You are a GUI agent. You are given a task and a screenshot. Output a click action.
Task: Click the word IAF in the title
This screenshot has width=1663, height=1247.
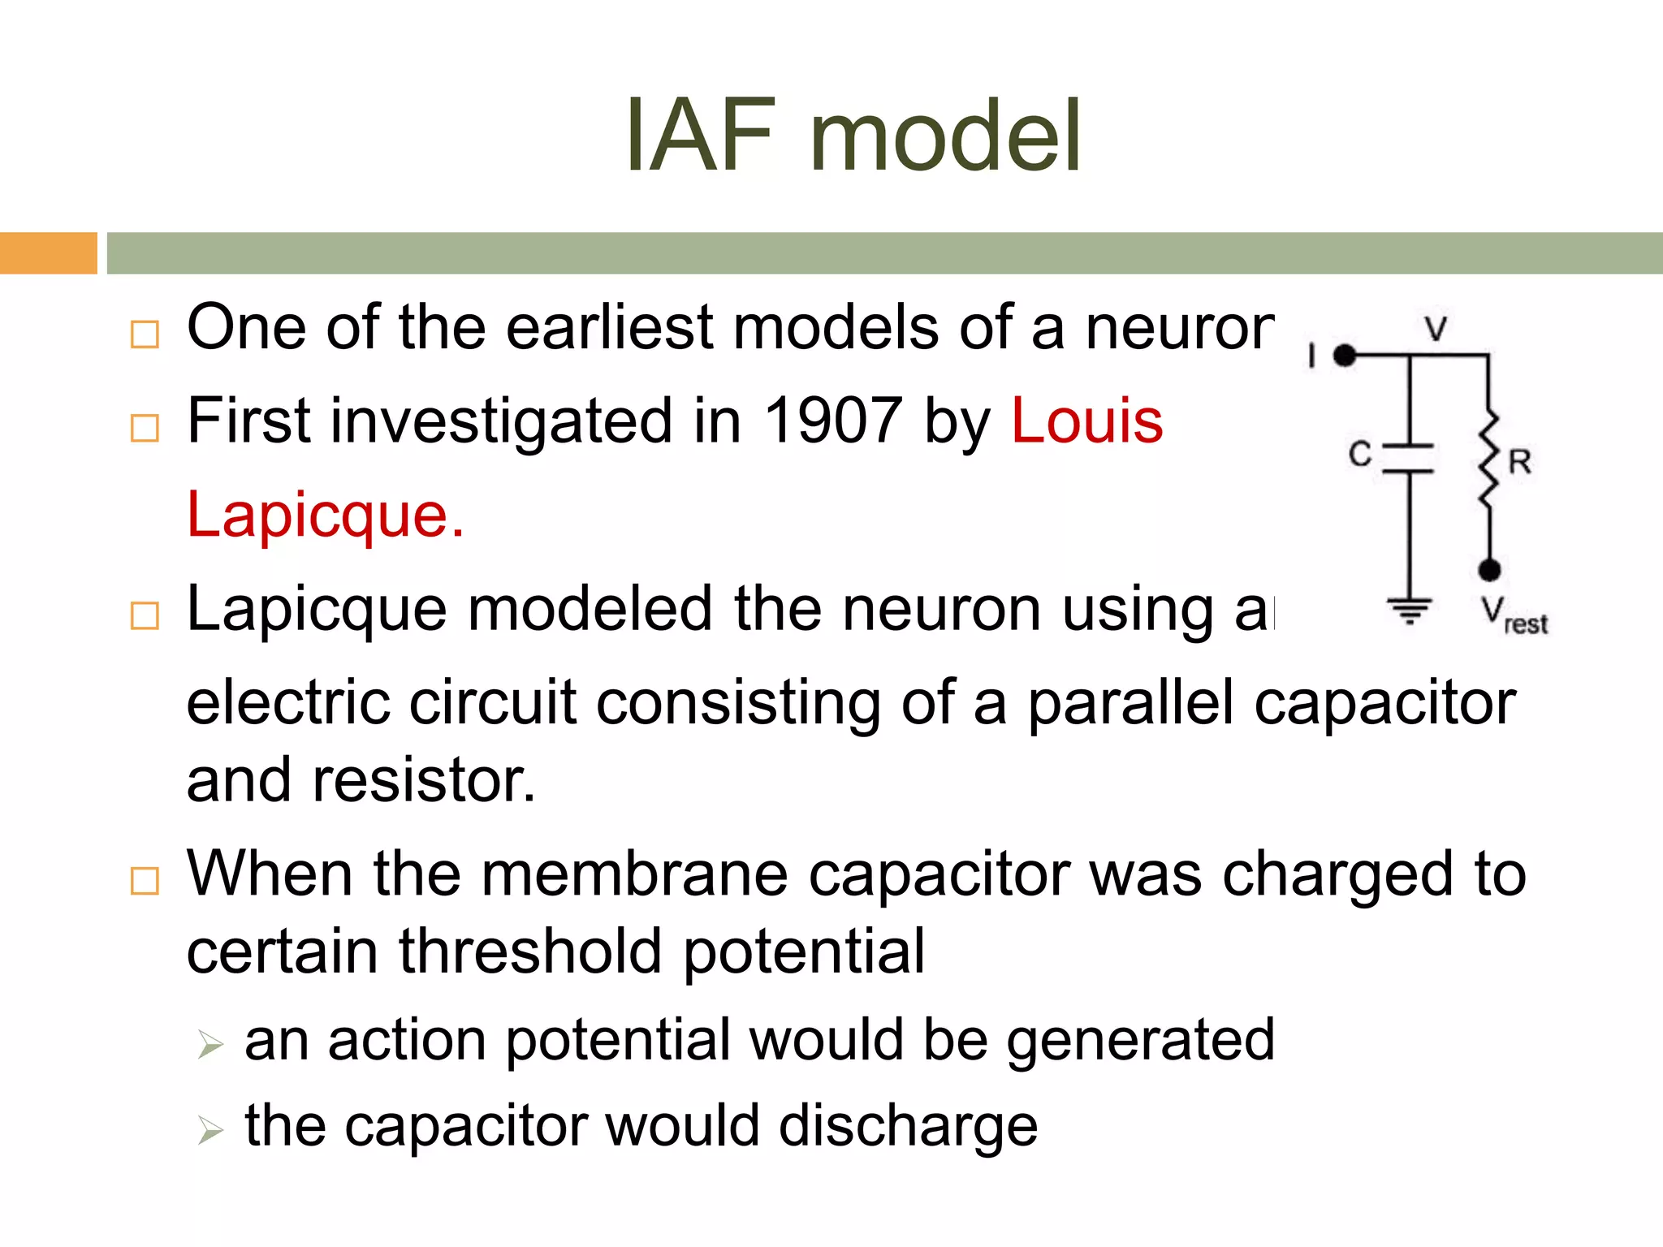coord(700,136)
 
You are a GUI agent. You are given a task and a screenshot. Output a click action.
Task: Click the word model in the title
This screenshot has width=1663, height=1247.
coord(945,136)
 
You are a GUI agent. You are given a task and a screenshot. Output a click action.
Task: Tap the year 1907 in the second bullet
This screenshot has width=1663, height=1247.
coord(833,421)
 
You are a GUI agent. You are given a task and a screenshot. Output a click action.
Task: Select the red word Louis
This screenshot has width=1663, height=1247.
coord(1087,421)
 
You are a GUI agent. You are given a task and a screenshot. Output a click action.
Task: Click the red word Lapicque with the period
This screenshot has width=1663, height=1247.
coord(325,515)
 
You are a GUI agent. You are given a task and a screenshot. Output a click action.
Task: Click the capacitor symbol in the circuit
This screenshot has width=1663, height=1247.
coord(1409,458)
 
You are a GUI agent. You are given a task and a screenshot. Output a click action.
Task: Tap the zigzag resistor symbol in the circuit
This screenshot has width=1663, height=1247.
coord(1488,459)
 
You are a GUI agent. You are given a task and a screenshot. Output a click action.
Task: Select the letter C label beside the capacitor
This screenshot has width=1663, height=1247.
coord(1360,455)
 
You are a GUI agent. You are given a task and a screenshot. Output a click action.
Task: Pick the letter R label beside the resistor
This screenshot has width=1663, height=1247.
coord(1520,462)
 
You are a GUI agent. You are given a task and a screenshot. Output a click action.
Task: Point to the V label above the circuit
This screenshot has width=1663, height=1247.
coord(1436,329)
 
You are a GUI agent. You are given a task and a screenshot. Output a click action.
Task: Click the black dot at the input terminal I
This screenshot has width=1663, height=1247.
coord(1346,355)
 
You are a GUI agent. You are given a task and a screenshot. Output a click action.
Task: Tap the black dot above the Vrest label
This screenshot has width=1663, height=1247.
coord(1488,570)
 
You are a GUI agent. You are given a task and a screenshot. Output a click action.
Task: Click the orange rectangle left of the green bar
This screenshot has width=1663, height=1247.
coord(48,252)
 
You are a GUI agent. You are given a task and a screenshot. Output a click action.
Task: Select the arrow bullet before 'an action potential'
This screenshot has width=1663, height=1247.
coord(209,1044)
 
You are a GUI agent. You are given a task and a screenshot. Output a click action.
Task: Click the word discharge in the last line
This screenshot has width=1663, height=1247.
coord(908,1126)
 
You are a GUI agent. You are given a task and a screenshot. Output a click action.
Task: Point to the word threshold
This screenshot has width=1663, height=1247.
coord(529,951)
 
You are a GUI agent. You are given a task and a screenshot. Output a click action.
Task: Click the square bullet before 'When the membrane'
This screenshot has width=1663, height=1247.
coord(145,880)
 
